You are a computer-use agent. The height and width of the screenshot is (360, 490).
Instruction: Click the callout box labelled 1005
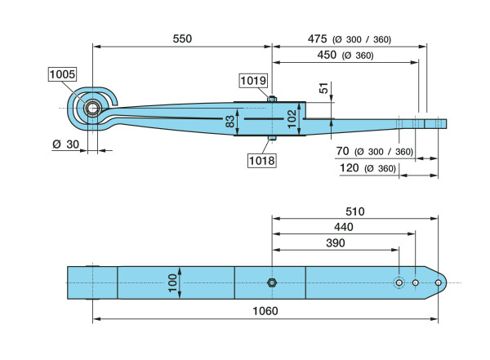click(62, 74)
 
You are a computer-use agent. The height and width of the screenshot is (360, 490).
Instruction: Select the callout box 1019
click(252, 81)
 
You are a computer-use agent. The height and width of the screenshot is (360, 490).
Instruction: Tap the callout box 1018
click(262, 160)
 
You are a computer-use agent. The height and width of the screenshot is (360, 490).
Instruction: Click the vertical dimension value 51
click(325, 89)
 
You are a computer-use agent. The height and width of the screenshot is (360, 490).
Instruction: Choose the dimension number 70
click(341, 152)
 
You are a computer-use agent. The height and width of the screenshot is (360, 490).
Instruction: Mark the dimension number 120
click(348, 168)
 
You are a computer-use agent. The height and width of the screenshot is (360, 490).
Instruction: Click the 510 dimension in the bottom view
click(354, 211)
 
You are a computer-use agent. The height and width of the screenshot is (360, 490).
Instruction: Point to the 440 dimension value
click(344, 228)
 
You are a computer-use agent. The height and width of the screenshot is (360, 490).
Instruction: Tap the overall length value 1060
click(265, 311)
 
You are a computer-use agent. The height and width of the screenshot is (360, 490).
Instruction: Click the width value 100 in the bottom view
click(172, 283)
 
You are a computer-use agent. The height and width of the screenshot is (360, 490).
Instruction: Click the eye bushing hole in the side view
click(91, 108)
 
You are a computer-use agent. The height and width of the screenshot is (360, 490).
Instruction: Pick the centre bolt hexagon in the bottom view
click(272, 282)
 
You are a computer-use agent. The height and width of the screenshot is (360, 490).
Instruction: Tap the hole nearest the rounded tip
click(439, 283)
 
